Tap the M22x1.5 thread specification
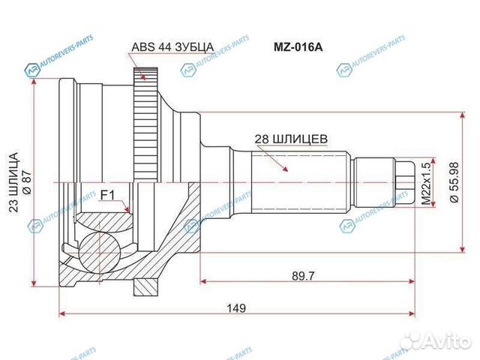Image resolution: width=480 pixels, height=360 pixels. tap(427, 181)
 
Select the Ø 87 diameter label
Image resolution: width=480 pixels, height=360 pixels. tap(27, 182)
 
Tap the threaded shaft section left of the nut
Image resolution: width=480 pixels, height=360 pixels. tap(373, 181)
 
